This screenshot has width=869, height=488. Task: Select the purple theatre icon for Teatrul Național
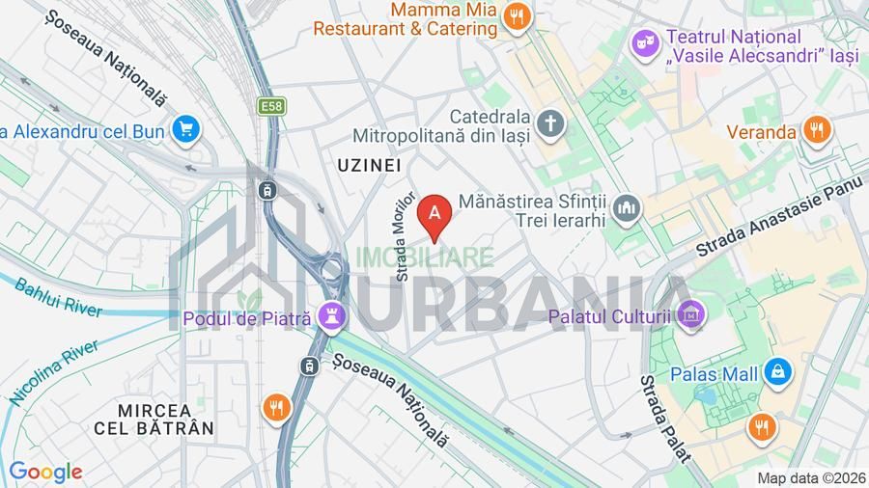pyautogui.click(x=642, y=43)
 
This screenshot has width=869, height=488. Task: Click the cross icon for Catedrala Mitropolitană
pyautogui.click(x=550, y=123)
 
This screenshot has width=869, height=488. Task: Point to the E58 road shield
pyautogui.click(x=269, y=104)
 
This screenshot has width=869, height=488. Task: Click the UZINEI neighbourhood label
pyautogui.click(x=369, y=166)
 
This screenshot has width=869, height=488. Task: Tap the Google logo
pyautogui.click(x=45, y=472)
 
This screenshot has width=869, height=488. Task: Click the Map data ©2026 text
pyautogui.click(x=810, y=478)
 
